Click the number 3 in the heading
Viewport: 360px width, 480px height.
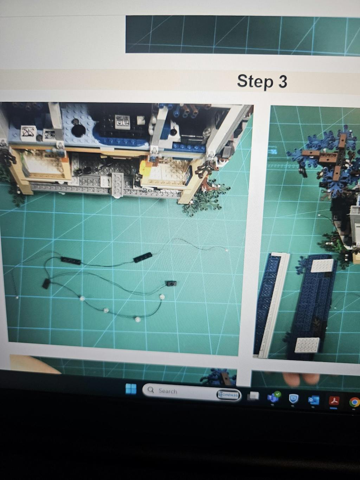282,81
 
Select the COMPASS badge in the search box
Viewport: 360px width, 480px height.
228,395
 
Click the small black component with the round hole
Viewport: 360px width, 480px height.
171,284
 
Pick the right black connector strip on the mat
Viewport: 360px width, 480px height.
142,257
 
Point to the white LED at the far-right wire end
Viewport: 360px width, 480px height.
227,250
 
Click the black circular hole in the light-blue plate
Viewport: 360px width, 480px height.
78,130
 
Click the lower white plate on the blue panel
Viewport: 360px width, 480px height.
307,345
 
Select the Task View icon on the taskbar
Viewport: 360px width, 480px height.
253,396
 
